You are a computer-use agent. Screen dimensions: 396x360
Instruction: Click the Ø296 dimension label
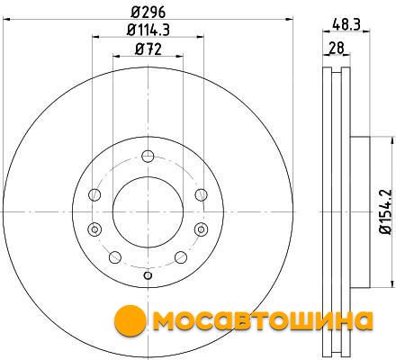point(148,13)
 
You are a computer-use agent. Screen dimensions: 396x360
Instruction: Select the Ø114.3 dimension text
point(148,30)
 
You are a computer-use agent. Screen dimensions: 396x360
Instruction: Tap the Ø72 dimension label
point(148,49)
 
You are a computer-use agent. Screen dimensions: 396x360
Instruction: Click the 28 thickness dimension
point(336,48)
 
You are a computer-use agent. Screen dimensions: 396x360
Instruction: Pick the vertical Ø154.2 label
point(385,211)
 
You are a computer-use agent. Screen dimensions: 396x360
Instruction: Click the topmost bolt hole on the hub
point(148,156)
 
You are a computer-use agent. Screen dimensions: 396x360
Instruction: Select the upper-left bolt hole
point(94,194)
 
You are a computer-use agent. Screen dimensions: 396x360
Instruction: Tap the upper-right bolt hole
point(201,194)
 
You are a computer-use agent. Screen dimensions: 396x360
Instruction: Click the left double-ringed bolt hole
point(94,229)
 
